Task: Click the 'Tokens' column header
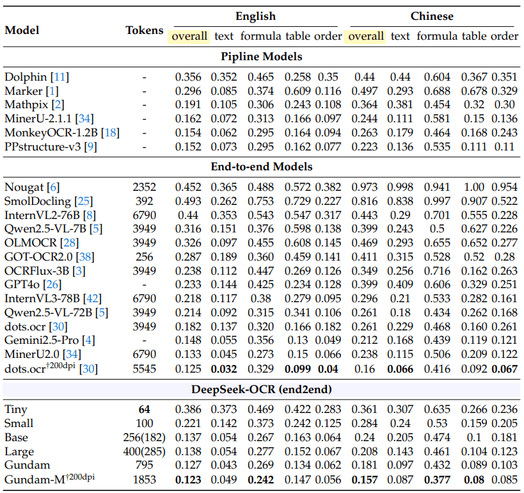144,30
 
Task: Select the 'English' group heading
255,16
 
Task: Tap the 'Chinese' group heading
432,16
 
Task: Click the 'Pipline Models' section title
262,56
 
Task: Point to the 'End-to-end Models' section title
262,166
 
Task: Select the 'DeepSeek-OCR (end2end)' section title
262,388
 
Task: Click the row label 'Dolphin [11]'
36,77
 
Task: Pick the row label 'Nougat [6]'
32,187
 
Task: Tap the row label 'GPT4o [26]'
33,284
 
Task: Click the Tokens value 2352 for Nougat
144,187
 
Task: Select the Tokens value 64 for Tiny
144,409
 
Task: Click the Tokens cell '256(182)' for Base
144,437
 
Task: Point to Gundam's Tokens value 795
144,465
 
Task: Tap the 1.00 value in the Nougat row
474,187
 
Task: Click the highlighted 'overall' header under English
189,36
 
